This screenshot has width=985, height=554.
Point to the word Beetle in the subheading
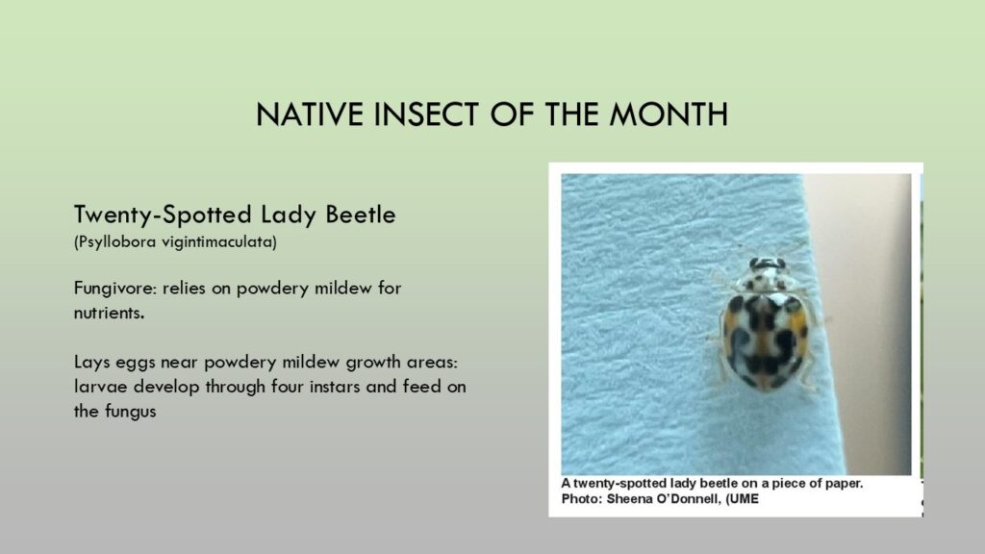(361, 214)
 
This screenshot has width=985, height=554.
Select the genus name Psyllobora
(115, 241)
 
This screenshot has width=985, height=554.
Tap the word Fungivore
(115, 289)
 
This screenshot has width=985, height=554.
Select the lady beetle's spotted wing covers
(764, 340)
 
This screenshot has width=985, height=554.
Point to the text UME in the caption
(745, 499)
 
